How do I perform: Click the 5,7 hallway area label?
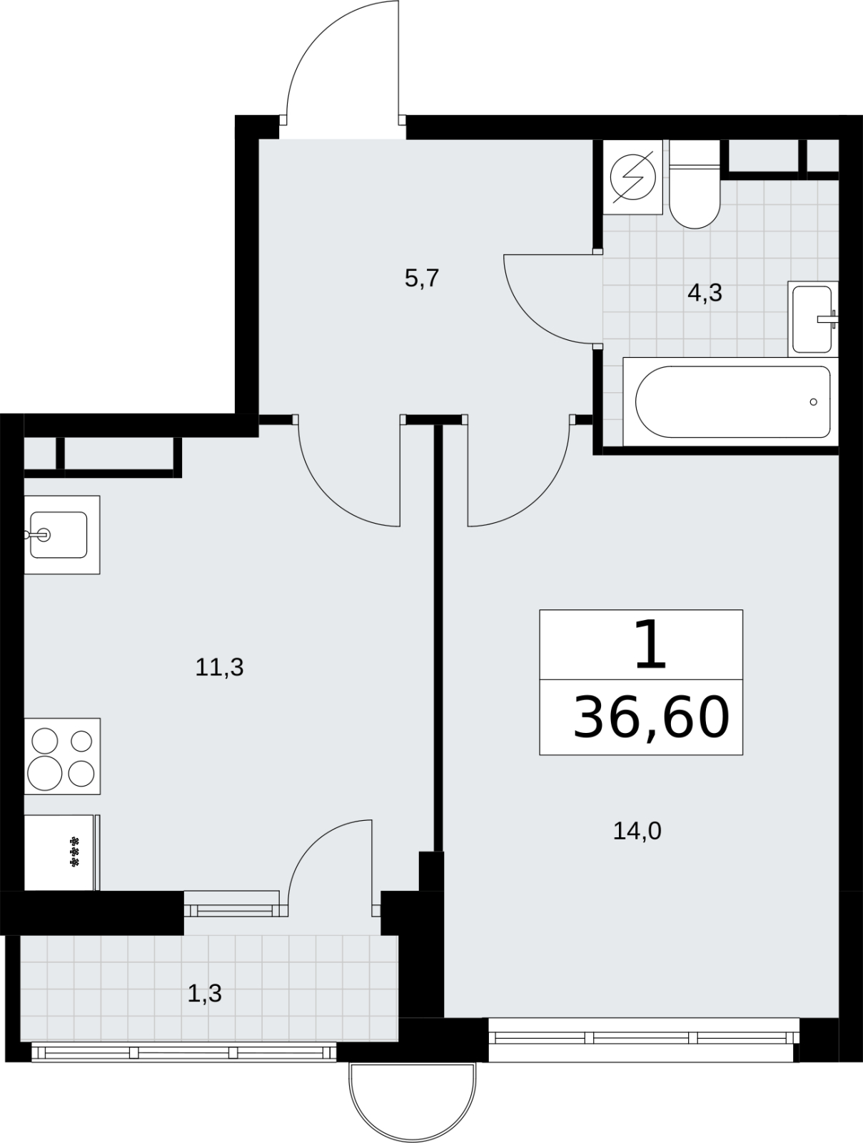point(422,279)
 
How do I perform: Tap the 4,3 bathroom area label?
point(705,293)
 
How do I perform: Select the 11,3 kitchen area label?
point(219,667)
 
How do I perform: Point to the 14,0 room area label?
point(637,831)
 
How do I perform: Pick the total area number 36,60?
point(652,717)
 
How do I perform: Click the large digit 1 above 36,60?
point(650,644)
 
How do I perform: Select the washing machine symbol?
point(632,177)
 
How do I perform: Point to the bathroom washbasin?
point(813,319)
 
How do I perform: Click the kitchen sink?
point(61,535)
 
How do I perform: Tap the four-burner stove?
point(62,756)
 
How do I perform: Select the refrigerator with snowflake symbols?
point(62,852)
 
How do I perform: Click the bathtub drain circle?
point(813,402)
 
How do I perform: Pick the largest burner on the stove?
point(45,773)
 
